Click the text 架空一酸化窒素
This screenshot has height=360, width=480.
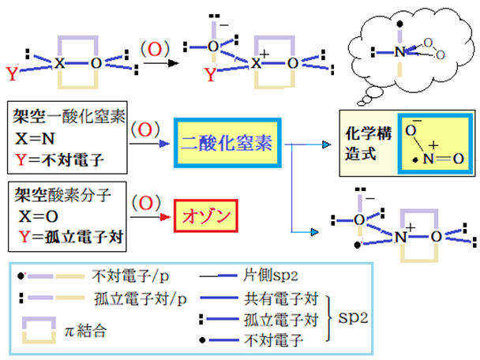click(60, 115)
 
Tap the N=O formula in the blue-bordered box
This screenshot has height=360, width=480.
click(437, 157)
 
